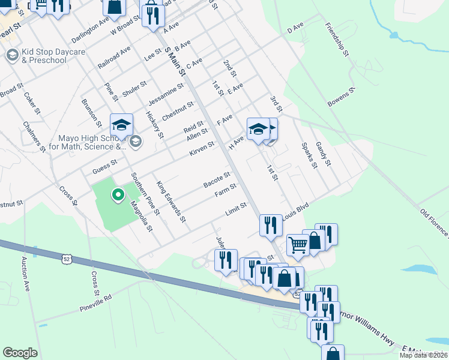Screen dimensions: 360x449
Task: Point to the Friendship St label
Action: click(x=337, y=40)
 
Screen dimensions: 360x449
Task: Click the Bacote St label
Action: click(x=217, y=179)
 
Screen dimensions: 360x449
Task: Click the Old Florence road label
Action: click(x=434, y=221)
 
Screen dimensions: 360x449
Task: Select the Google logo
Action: click(x=20, y=353)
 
